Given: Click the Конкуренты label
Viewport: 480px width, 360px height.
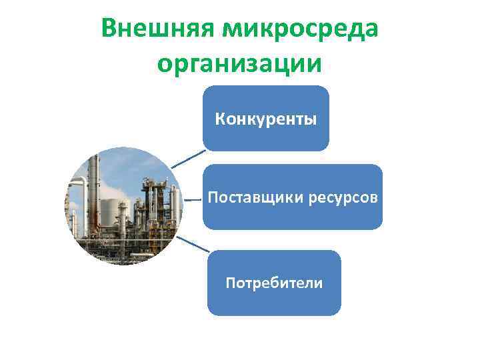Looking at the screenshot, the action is [x=265, y=119].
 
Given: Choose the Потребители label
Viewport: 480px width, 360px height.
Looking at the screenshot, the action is [x=273, y=283].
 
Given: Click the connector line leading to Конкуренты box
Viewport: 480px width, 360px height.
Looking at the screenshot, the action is [x=188, y=159].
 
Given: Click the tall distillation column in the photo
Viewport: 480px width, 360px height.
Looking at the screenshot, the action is [x=95, y=193].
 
